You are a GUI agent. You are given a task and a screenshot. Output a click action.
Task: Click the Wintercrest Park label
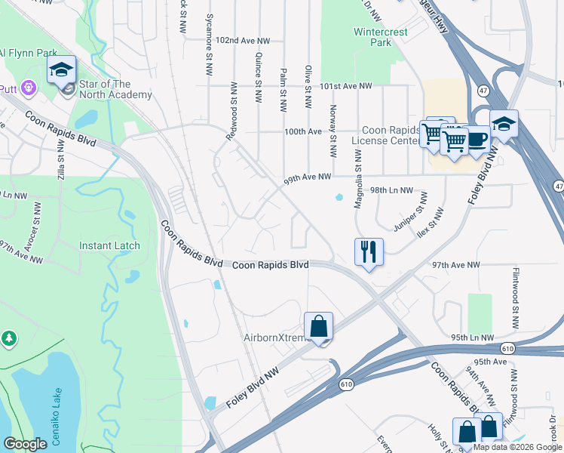(x=373, y=37)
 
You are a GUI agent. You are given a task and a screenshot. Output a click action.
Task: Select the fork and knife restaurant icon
(x=369, y=251)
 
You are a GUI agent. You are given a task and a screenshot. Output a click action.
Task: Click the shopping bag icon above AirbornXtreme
(x=320, y=327)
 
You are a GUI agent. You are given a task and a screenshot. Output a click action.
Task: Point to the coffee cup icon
(x=477, y=140)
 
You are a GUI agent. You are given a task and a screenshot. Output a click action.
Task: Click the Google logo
(x=25, y=444)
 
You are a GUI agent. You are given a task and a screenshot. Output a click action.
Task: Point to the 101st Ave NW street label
(x=346, y=86)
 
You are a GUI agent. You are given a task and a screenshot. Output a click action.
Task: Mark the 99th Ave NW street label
(x=308, y=178)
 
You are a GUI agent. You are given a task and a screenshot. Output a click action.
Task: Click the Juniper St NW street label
(x=409, y=213)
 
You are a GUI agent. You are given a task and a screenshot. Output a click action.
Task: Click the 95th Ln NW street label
(x=473, y=337)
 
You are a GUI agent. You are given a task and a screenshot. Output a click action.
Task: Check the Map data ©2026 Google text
(x=516, y=447)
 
